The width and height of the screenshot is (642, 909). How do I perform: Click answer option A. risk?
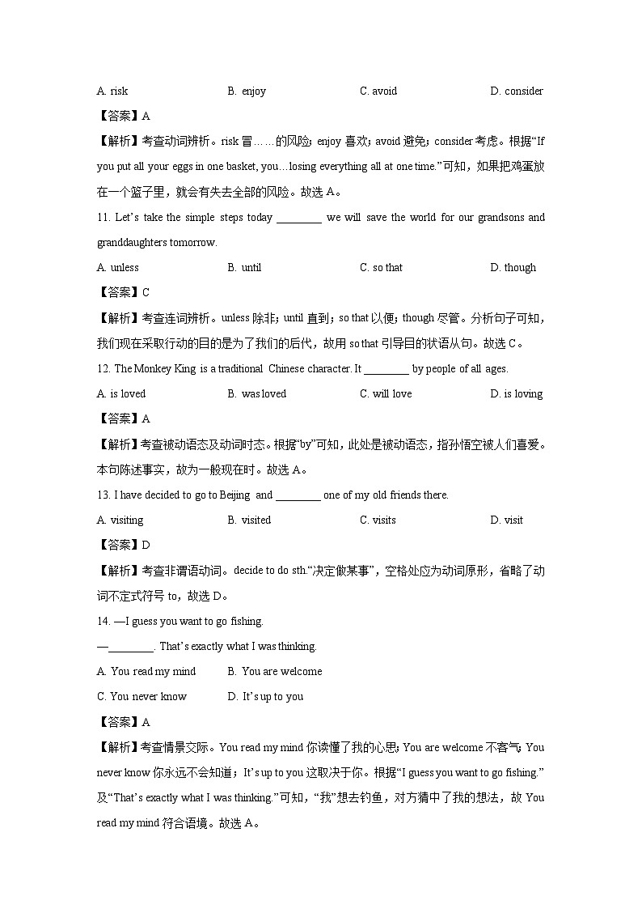[112, 91]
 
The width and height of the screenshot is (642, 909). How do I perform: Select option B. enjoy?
[247, 91]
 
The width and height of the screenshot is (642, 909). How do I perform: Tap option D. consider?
[517, 91]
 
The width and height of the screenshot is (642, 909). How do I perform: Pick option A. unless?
[117, 268]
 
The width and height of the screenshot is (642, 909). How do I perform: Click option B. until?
[244, 268]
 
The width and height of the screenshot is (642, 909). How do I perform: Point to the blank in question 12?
[386, 369]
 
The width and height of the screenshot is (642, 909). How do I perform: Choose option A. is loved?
[121, 394]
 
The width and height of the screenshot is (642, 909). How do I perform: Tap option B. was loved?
[257, 394]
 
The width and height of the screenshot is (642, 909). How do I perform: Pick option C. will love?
[386, 394]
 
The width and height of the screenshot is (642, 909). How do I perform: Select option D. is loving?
[517, 394]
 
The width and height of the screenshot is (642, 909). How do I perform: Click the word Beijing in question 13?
[234, 495]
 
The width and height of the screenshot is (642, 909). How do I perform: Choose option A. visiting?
[120, 520]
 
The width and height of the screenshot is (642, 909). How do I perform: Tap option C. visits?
[378, 520]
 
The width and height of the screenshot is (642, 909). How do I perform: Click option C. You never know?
[141, 697]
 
